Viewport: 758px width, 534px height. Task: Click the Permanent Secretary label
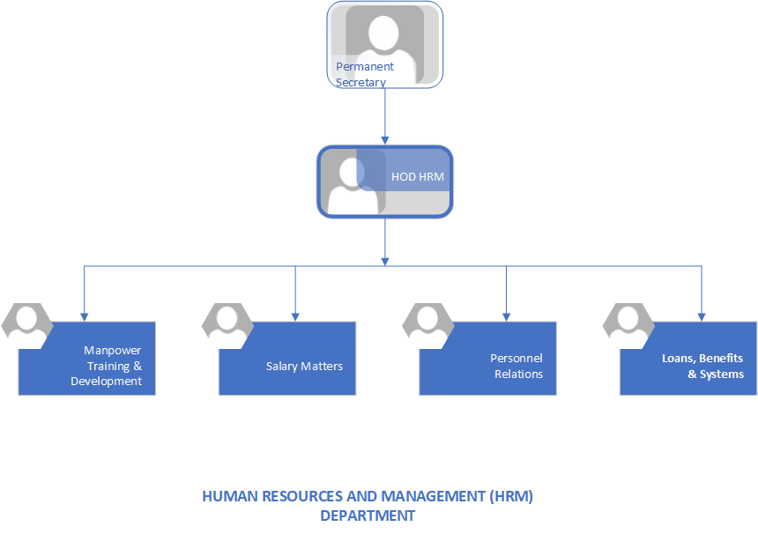(365, 74)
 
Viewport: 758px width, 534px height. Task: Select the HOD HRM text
(418, 177)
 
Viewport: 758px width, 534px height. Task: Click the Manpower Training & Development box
(97, 366)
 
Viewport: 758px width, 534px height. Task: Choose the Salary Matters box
(295, 366)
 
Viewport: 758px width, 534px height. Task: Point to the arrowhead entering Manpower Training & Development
(85, 315)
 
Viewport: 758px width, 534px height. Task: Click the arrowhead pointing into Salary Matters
(295, 315)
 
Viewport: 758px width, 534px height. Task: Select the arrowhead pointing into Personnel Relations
(506, 315)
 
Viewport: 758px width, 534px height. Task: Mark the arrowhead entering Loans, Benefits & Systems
(702, 315)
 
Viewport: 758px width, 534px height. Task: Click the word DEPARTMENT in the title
(368, 515)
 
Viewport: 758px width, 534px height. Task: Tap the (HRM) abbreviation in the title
(511, 496)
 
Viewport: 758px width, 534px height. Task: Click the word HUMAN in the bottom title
(226, 496)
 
